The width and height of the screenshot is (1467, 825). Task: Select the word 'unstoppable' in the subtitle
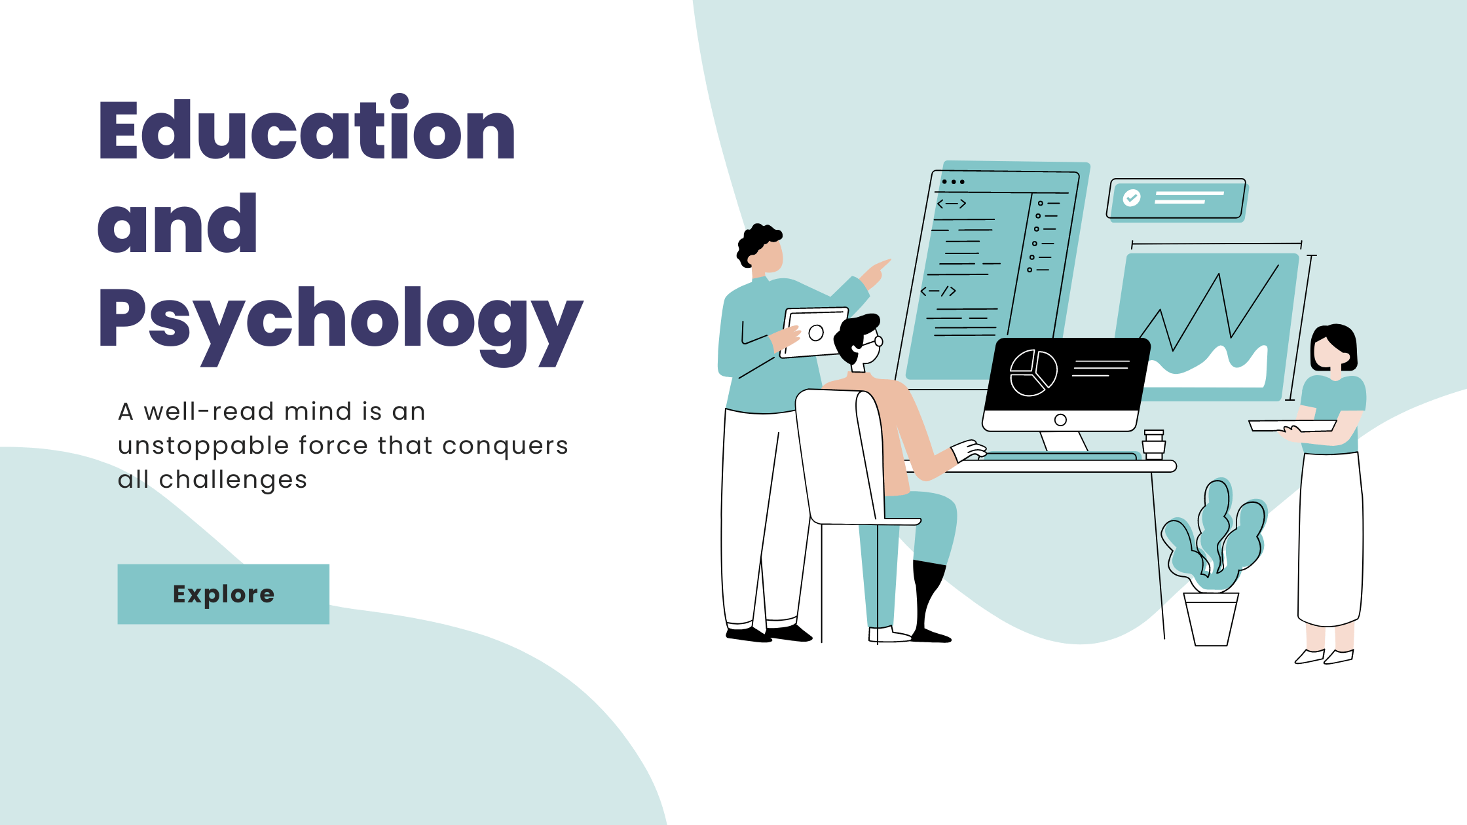pyautogui.click(x=203, y=447)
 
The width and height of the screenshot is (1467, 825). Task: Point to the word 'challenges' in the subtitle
pyautogui.click(x=233, y=481)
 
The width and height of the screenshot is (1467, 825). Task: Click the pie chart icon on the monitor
pyautogui.click(x=1033, y=373)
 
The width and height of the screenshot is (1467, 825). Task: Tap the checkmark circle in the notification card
pyautogui.click(x=1132, y=197)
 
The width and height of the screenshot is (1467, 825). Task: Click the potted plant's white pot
pyautogui.click(x=1211, y=619)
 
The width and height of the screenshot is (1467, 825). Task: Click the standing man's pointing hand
pyautogui.click(x=876, y=274)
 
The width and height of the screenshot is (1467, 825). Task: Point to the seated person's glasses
pyautogui.click(x=873, y=342)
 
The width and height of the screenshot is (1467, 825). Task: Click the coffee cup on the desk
pyautogui.click(x=1154, y=445)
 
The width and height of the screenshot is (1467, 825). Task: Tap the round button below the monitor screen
pyautogui.click(x=1061, y=420)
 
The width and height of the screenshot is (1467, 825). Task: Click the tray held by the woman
pyautogui.click(x=1291, y=426)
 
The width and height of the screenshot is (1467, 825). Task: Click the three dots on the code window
pyautogui.click(x=954, y=182)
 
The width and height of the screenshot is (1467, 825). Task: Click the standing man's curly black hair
pyautogui.click(x=758, y=243)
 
